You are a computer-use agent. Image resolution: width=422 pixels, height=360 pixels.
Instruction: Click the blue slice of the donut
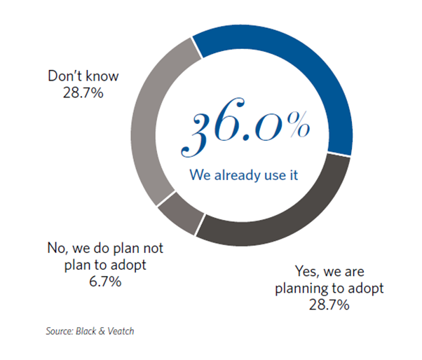click(x=312, y=67)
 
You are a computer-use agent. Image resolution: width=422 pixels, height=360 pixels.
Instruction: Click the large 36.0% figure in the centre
click(x=245, y=127)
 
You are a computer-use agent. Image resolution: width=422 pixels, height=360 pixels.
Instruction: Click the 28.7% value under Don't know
click(x=83, y=93)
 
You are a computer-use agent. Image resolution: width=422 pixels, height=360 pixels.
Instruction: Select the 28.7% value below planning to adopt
click(x=329, y=305)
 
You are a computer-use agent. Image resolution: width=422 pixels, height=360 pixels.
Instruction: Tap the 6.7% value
click(x=105, y=282)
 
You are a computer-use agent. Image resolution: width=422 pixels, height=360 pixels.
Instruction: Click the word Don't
click(x=64, y=76)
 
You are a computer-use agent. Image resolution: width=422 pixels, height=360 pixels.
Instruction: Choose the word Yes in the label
click(x=307, y=271)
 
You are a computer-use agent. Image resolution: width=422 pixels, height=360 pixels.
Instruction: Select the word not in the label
click(x=154, y=248)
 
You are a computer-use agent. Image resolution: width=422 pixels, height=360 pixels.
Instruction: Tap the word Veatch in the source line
click(x=121, y=331)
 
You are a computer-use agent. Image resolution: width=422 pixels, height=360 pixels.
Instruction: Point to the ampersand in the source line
click(x=102, y=331)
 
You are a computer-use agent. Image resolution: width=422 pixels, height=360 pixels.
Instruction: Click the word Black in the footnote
click(x=86, y=331)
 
